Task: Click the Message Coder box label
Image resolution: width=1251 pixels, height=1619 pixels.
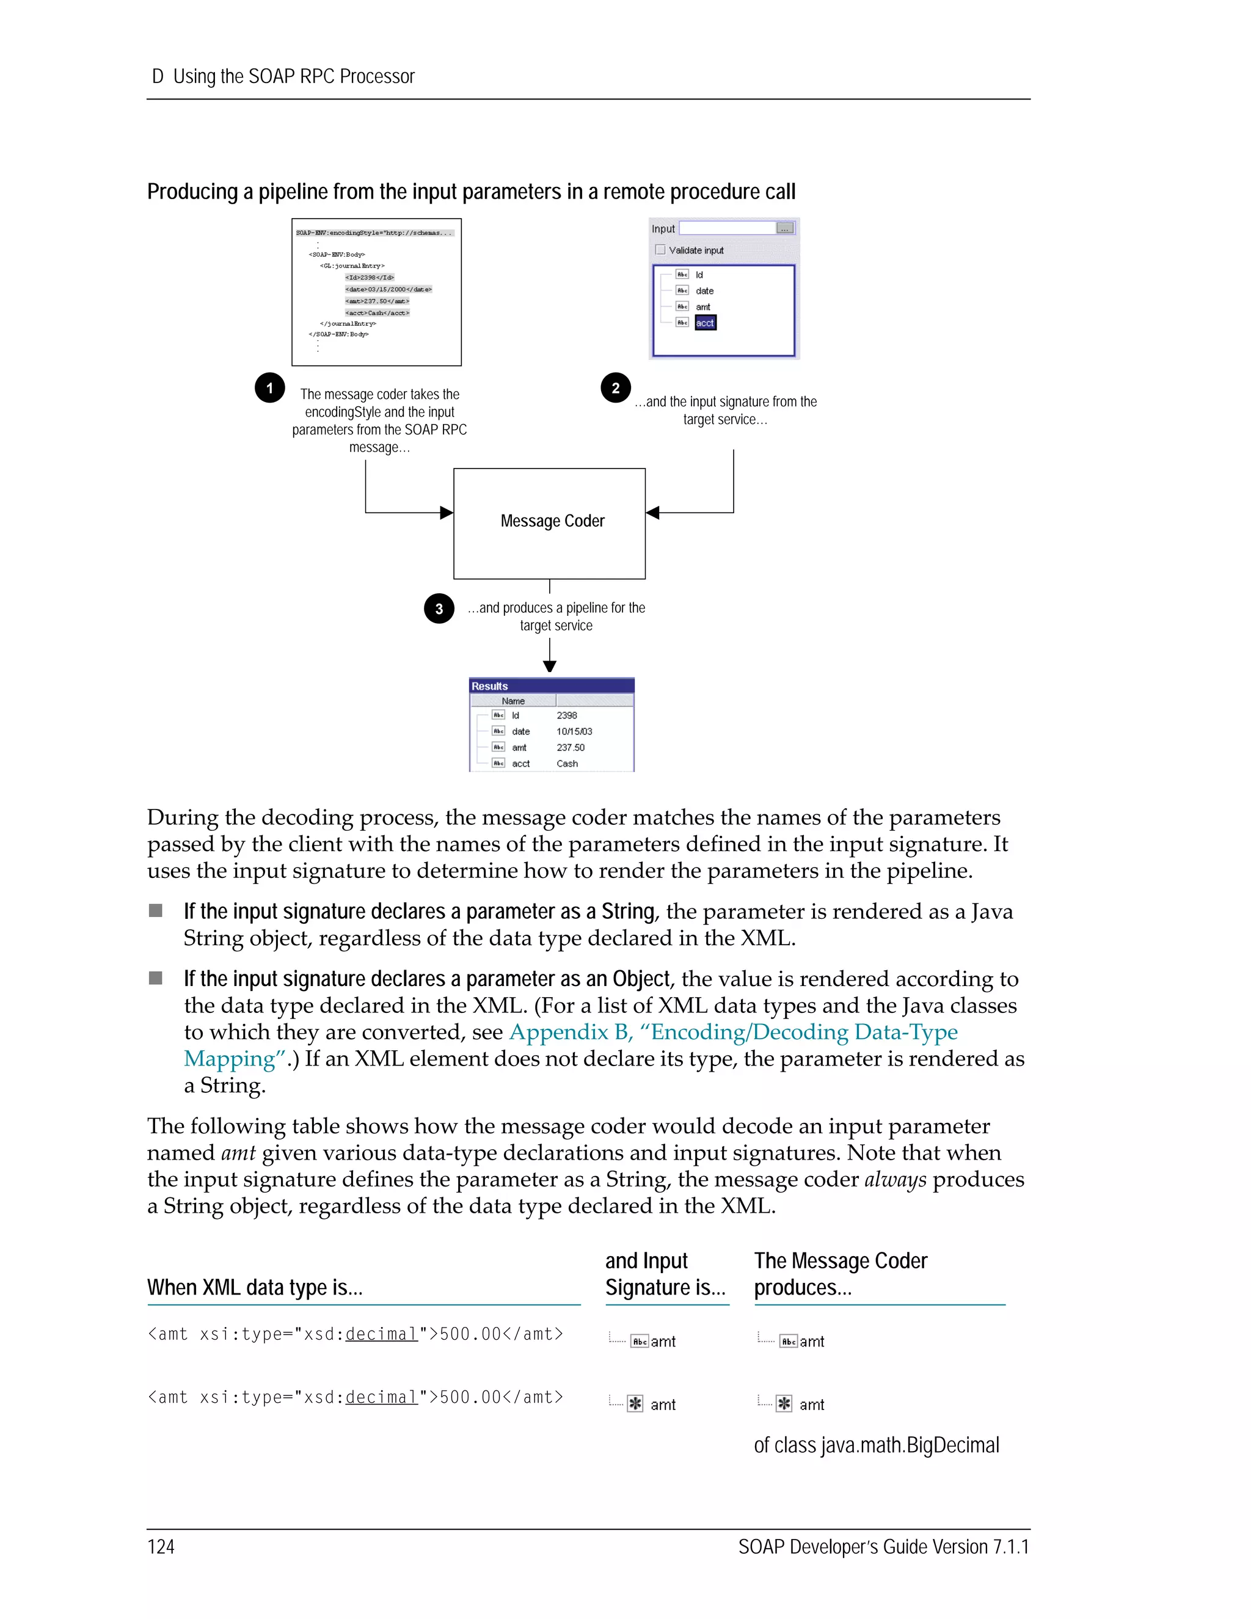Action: [552, 521]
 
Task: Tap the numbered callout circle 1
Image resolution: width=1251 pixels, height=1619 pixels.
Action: [270, 388]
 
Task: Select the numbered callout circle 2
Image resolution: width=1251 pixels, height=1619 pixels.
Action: [615, 388]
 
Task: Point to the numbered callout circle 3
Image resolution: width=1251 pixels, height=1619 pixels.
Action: [439, 608]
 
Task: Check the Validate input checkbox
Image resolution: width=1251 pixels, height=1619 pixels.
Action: [660, 250]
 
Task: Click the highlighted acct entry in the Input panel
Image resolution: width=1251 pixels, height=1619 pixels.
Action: [705, 323]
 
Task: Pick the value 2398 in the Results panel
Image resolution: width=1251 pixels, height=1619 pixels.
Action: [567, 715]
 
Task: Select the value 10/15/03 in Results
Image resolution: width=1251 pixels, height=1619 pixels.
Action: [574, 732]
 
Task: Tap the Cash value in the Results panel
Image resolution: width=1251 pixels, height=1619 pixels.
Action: [567, 764]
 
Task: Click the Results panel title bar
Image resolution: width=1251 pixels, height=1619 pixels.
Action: [552, 685]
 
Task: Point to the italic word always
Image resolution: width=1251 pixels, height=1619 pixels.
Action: [895, 1179]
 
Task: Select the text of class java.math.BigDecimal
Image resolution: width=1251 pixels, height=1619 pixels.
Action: [876, 1445]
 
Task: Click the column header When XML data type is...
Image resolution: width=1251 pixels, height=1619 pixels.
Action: [255, 1288]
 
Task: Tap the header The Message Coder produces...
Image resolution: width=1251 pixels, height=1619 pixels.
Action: [841, 1274]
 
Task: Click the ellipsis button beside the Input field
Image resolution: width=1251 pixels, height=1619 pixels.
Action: [785, 228]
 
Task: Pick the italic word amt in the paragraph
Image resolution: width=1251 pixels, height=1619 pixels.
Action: [238, 1153]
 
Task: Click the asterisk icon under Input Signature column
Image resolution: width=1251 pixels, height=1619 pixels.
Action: [635, 1404]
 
